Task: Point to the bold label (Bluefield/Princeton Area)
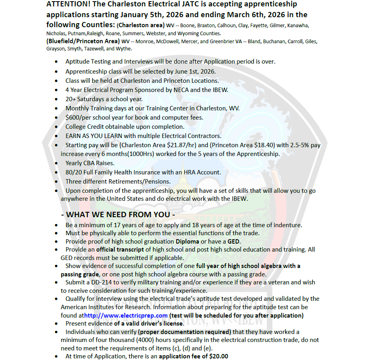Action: pyautogui.click(x=83, y=41)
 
